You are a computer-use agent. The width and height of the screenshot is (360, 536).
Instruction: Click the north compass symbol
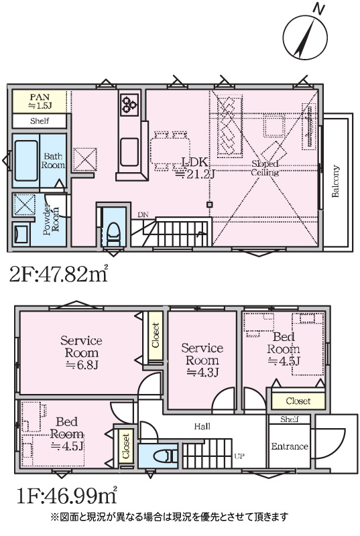[x=305, y=36]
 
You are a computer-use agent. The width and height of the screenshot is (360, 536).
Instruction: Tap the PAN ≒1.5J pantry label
[x=40, y=102]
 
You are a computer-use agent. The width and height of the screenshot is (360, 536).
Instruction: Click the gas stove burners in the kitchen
[x=129, y=103]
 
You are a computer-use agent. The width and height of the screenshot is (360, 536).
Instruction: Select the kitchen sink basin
[x=129, y=152]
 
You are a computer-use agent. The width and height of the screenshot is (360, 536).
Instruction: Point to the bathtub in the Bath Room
[x=26, y=161]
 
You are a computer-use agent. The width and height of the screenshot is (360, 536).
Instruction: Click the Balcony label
[x=335, y=181]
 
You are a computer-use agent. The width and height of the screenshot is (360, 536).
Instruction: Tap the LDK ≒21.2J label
[x=195, y=168]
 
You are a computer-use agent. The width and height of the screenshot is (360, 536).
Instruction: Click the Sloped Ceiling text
[x=265, y=168]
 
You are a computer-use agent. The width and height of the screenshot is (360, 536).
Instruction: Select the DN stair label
[x=143, y=215]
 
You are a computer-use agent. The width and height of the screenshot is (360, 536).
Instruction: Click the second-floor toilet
[x=113, y=233]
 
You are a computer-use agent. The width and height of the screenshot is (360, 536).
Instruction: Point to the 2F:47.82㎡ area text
[x=58, y=274]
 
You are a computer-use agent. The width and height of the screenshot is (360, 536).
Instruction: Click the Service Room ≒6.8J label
[x=81, y=352]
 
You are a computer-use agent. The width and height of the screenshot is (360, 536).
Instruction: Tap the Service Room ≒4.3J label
[x=202, y=360]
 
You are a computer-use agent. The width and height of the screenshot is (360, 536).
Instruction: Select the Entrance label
[x=290, y=446]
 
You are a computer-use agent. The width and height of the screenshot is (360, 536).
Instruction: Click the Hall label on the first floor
[x=202, y=426]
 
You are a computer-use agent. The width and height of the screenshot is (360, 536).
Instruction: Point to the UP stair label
[x=239, y=456]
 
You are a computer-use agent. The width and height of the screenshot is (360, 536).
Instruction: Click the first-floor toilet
[x=166, y=456]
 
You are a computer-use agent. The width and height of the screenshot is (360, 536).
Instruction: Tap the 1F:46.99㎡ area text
[x=67, y=496]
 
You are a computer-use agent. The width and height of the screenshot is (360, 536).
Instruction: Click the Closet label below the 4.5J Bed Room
[x=298, y=401]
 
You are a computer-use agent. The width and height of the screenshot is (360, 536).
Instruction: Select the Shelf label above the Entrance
[x=289, y=419]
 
